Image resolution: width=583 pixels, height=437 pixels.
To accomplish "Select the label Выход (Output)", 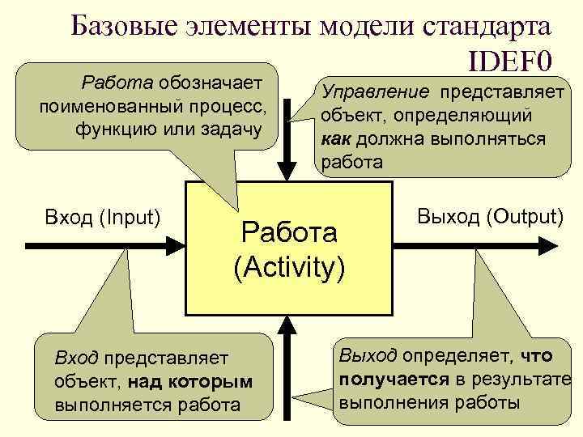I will pos(490,216).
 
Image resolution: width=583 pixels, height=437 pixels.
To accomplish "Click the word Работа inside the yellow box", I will pos(289,235).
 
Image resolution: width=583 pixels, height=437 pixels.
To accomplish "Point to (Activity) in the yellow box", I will pos(289,266).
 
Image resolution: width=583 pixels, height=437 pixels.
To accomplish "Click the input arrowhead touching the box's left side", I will pos(177,243).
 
